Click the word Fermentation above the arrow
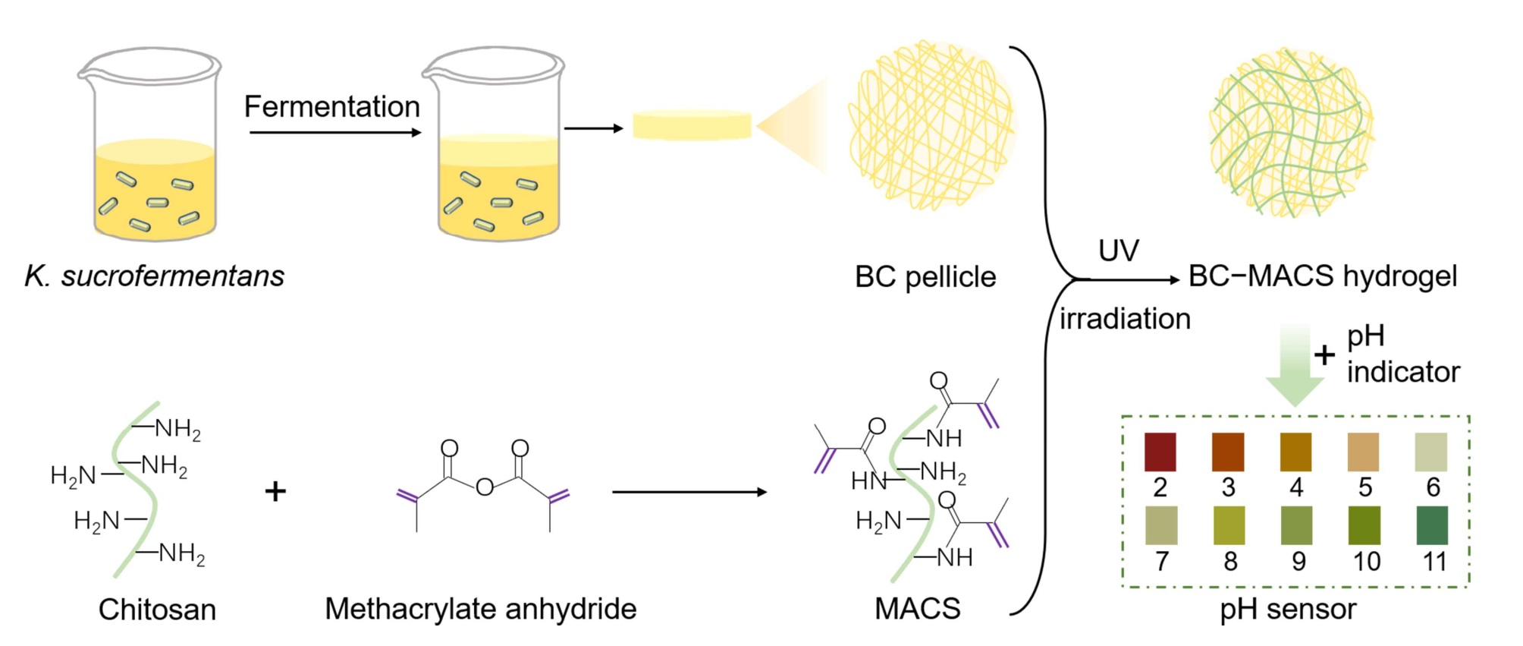[331, 107]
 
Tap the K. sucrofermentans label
[155, 276]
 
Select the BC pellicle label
[925, 277]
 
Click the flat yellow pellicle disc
[692, 126]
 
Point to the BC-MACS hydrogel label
[1322, 276]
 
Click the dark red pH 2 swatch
[1160, 452]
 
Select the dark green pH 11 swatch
[1432, 525]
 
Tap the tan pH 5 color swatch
[1363, 452]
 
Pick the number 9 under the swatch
[1298, 562]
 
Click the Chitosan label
[157, 610]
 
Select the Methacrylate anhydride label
[480, 609]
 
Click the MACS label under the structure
[917, 609]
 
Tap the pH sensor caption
[1288, 609]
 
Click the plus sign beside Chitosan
[275, 491]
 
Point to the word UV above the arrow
[1119, 251]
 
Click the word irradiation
[1125, 319]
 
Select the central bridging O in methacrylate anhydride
[485, 487]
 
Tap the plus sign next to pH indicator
[1324, 355]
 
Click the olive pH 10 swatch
[1364, 525]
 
